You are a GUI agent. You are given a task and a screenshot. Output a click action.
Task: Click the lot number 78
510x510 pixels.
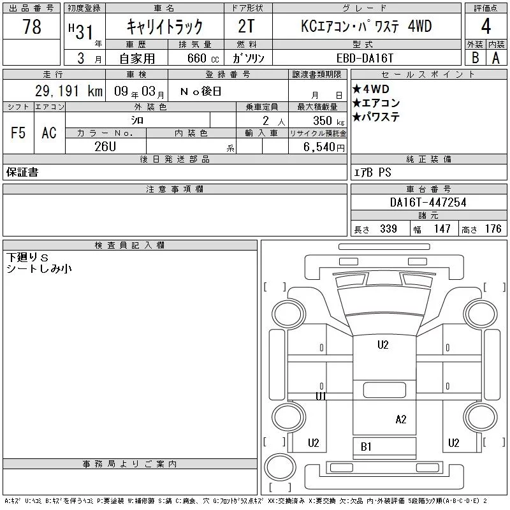[32, 27]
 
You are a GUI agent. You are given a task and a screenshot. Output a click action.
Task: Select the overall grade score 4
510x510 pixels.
[486, 26]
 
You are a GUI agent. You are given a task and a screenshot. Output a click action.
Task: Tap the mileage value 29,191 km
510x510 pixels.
[69, 91]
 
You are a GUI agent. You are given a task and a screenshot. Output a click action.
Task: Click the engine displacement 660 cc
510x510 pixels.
[203, 58]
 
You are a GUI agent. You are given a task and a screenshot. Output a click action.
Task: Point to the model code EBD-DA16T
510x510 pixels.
[365, 59]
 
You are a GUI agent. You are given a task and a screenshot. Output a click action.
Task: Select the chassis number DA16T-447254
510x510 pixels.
[428, 202]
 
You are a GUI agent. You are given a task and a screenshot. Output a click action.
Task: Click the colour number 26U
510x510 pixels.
[105, 147]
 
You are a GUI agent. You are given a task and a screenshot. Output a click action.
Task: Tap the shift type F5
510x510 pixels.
[18, 133]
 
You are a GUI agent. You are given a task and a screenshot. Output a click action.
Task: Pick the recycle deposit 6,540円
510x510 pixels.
[324, 147]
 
